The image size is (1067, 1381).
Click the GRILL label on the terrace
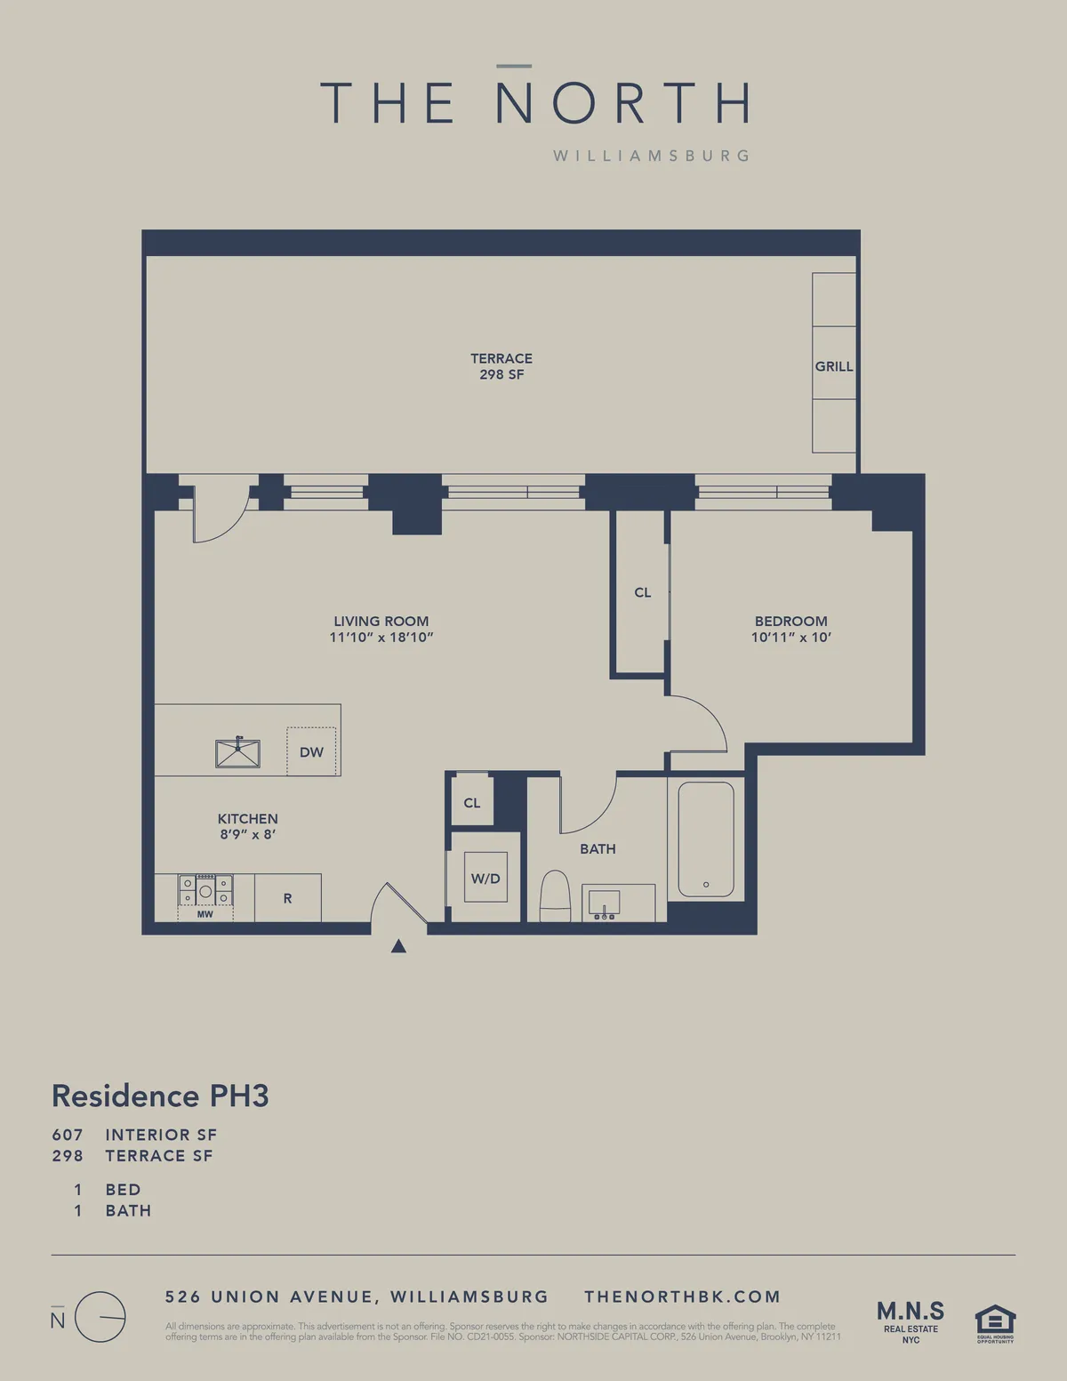tap(833, 366)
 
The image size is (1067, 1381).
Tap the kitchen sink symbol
tap(237, 753)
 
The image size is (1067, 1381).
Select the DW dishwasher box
tap(311, 751)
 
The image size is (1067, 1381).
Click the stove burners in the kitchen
tap(205, 890)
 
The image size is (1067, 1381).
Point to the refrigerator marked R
tap(287, 898)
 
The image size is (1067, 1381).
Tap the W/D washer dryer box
tap(485, 878)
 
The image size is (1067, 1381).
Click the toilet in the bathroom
tap(555, 896)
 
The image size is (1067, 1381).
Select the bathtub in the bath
tap(706, 839)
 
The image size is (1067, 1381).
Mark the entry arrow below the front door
tap(398, 946)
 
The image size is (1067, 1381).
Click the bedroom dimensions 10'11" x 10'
tap(790, 638)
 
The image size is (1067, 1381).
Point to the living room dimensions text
tap(381, 638)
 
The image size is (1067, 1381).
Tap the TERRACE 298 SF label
tap(501, 366)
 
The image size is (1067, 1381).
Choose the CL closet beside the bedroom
tap(642, 592)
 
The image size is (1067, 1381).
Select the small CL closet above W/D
tap(471, 803)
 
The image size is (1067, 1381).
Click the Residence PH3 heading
tap(160, 1096)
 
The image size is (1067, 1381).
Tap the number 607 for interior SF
tap(68, 1135)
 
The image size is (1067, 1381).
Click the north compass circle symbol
tap(100, 1317)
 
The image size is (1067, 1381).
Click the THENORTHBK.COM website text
tap(682, 1297)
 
